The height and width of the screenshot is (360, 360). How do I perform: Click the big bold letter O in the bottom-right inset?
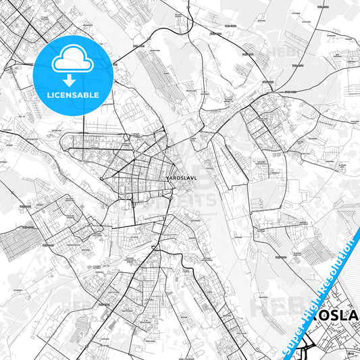coord(323,319)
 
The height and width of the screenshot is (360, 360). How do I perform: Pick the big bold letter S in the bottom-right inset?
coord(338,319)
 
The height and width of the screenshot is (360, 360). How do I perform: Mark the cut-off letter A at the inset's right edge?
coord(358,319)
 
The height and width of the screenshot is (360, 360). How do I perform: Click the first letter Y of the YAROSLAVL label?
coord(167,179)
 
